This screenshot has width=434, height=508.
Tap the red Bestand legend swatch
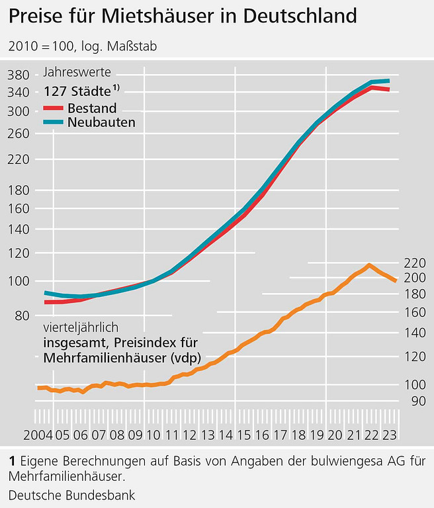pyautogui.click(x=54, y=108)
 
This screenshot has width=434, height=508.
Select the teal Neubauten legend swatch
pyautogui.click(x=54, y=122)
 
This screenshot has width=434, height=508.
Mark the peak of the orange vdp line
pyautogui.click(x=369, y=265)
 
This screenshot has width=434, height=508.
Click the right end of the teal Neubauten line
pyautogui.click(x=388, y=81)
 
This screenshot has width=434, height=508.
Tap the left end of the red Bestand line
pyautogui.click(x=45, y=302)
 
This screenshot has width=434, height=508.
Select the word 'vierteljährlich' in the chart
pyautogui.click(x=81, y=327)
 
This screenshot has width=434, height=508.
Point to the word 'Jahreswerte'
pyautogui.click(x=77, y=73)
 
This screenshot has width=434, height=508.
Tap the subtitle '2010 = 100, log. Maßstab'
pyautogui.click(x=82, y=46)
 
